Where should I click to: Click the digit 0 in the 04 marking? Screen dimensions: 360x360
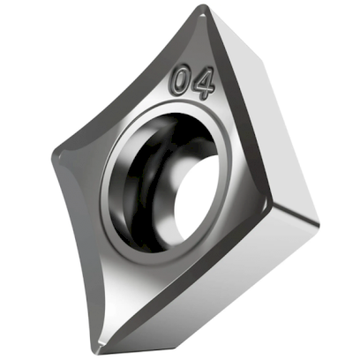(x=182, y=82)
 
